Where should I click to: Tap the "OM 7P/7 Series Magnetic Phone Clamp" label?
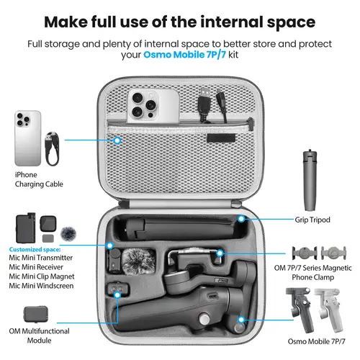[x=320, y=274]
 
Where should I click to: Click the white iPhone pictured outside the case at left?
[x=28, y=138]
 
